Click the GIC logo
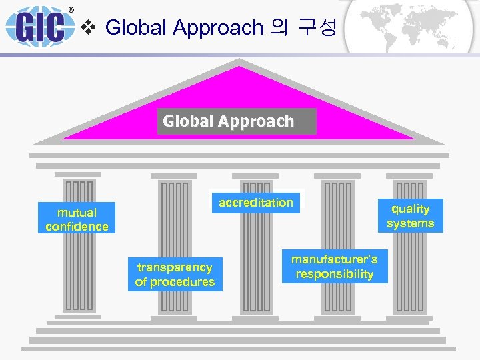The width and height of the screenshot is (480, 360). pyautogui.click(x=41, y=27)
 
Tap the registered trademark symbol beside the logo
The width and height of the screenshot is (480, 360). pyautogui.click(x=71, y=10)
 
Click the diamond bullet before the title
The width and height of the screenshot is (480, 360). pyautogui.click(x=92, y=27)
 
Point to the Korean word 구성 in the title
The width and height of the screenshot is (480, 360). pyautogui.click(x=314, y=27)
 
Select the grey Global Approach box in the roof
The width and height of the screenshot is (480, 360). pyautogui.click(x=236, y=121)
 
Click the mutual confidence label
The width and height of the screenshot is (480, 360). pyautogui.click(x=77, y=219)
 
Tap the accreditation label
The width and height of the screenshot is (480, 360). pyautogui.click(x=256, y=203)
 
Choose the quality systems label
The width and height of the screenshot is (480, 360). pyautogui.click(x=410, y=216)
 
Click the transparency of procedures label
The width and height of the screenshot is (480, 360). pyautogui.click(x=175, y=275)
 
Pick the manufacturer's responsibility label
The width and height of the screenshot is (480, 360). pyautogui.click(x=335, y=267)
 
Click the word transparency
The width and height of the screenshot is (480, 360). pyautogui.click(x=175, y=267)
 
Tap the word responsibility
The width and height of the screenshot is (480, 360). pyautogui.click(x=335, y=274)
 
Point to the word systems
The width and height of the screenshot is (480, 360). pyautogui.click(x=410, y=223)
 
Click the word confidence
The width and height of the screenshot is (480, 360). pyautogui.click(x=77, y=227)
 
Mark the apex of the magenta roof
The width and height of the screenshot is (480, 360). pyautogui.click(x=238, y=63)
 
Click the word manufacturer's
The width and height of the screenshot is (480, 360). pyautogui.click(x=335, y=259)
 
